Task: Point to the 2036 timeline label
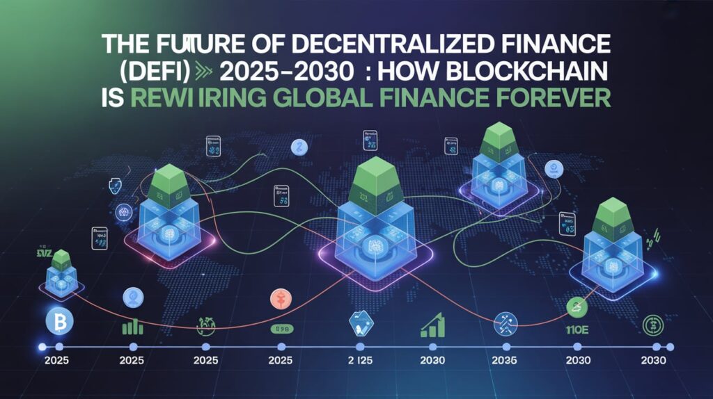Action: pyautogui.click(x=505, y=361)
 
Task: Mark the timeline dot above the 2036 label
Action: pyautogui.click(x=505, y=346)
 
